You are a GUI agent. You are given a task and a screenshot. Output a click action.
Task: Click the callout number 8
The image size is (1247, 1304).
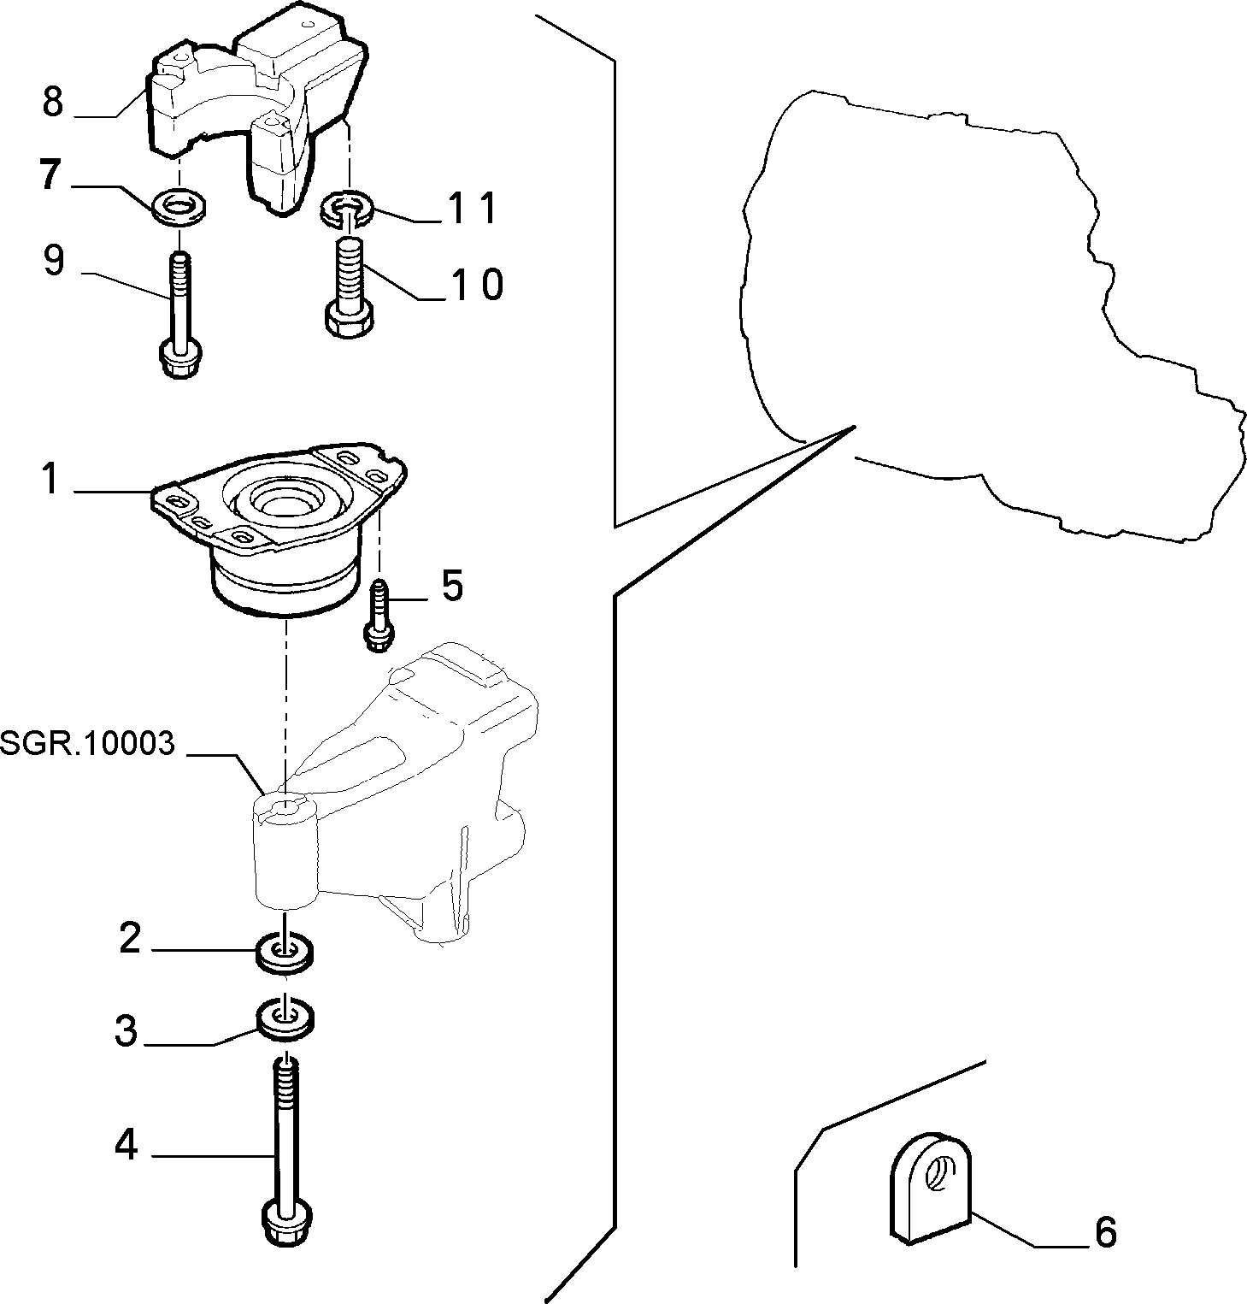point(53,102)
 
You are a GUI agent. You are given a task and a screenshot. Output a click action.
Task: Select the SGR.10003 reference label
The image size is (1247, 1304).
point(87,743)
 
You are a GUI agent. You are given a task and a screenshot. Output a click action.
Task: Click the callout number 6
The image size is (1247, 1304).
point(1105,1232)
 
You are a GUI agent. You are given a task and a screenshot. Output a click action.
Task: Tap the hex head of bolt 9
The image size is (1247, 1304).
point(179,359)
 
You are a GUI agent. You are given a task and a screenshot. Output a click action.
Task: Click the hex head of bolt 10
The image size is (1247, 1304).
point(349,319)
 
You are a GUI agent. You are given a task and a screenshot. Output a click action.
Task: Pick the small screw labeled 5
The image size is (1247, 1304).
point(378,615)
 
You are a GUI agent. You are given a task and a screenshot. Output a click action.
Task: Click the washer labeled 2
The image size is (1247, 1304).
point(285,953)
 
